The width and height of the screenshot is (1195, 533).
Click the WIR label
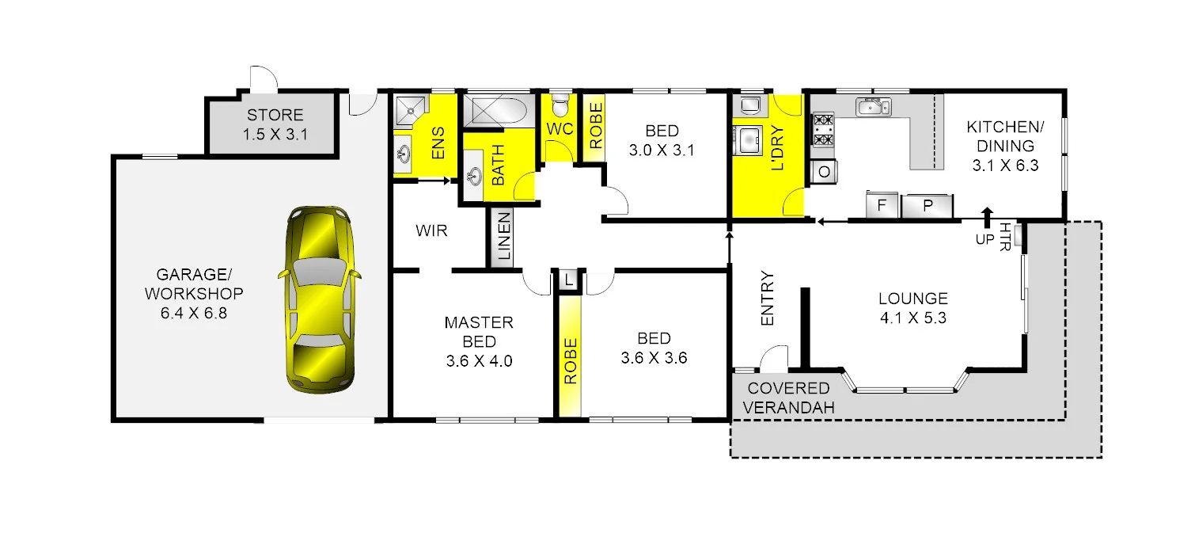(431, 231)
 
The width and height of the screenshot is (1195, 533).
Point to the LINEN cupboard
(502, 237)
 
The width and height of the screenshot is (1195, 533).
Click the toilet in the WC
(560, 105)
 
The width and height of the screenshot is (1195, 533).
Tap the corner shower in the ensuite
(410, 110)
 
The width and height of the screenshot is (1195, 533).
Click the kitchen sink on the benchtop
(874, 107)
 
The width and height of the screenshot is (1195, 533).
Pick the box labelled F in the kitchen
(880, 207)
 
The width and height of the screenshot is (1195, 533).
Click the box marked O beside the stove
(825, 171)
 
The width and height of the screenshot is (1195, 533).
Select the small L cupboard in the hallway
(569, 280)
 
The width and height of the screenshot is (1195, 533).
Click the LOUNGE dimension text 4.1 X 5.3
(912, 319)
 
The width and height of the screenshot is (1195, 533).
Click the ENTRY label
(767, 299)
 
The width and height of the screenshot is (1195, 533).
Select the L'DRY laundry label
(776, 149)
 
